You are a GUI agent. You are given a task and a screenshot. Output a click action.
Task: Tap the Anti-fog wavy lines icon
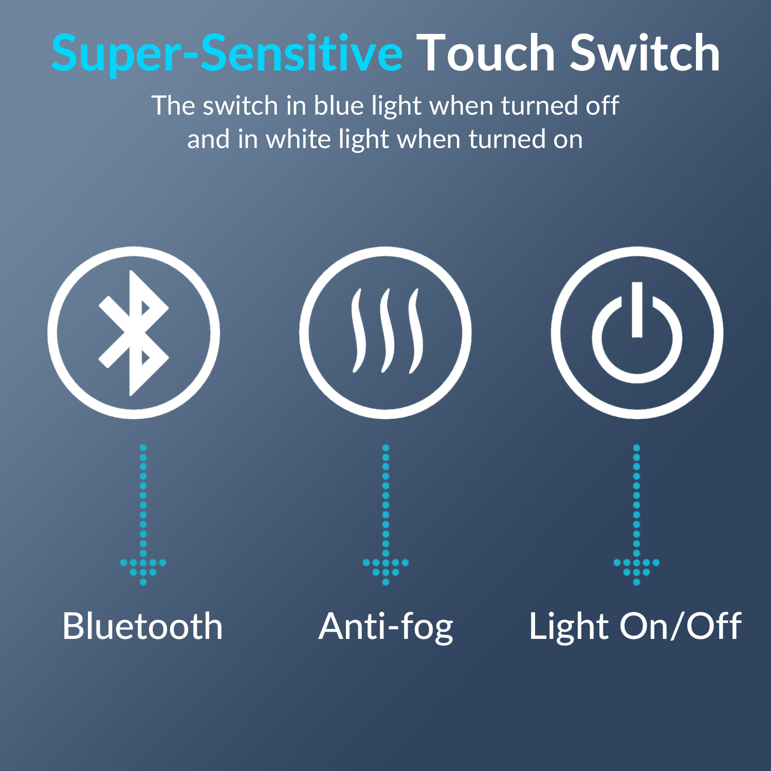(x=386, y=331)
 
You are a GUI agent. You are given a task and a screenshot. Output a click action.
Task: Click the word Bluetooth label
(x=142, y=626)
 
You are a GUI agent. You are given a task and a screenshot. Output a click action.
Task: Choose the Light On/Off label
(x=635, y=627)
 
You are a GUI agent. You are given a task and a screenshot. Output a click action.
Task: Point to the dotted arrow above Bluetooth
(x=143, y=515)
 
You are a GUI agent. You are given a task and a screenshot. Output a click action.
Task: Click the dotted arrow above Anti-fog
(x=386, y=515)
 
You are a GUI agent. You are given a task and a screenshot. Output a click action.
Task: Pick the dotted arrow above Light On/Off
(x=636, y=515)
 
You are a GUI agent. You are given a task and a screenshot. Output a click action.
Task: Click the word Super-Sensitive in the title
(x=227, y=53)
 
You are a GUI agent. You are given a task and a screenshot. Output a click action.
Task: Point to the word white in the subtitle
(x=299, y=139)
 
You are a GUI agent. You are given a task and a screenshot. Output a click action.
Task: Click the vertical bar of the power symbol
(x=637, y=309)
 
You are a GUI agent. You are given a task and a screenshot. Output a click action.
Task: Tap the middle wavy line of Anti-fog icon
(x=385, y=331)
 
